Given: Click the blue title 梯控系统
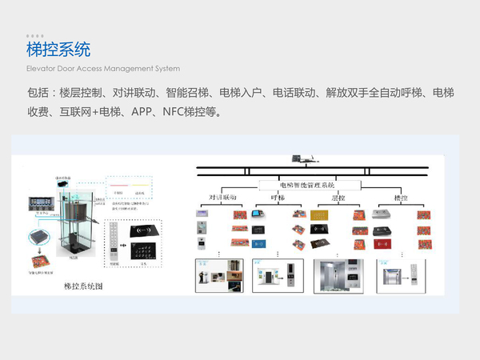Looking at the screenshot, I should [x=58, y=50].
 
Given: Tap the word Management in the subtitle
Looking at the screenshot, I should [x=127, y=69].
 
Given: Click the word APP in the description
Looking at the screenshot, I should [x=139, y=111].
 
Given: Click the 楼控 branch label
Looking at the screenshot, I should [x=401, y=197].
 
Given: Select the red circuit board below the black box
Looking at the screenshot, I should [x=38, y=260].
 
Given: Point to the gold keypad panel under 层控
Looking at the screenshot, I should [x=319, y=215].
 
